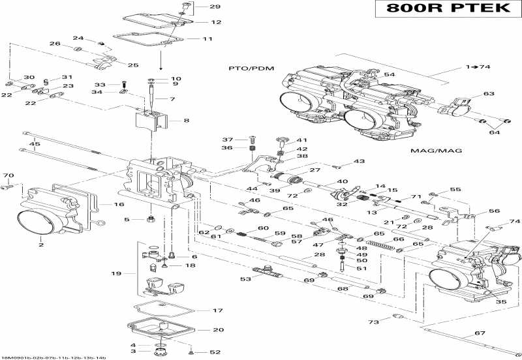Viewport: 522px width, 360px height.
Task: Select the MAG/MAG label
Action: [x=427, y=151]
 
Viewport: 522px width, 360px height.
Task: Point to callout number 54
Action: [x=389, y=75]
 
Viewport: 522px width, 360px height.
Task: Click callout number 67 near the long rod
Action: [x=480, y=334]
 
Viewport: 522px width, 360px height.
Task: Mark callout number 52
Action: [x=215, y=352]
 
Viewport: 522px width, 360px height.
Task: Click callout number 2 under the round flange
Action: [x=40, y=245]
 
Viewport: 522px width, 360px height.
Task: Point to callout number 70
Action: [x=8, y=175]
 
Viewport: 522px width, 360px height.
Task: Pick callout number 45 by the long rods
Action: [x=35, y=144]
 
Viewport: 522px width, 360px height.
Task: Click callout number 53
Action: [x=245, y=279]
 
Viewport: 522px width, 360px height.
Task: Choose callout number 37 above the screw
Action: [x=228, y=140]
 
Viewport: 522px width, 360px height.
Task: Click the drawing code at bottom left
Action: [x=54, y=357]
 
